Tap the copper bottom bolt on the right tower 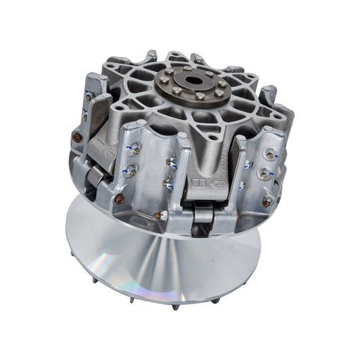(x=267, y=202)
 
